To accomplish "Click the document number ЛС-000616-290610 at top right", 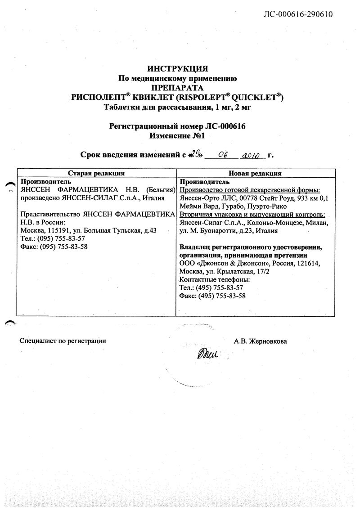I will click(x=297, y=14).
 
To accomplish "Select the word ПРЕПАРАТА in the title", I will click(x=177, y=88).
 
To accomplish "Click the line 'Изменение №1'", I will click(x=177, y=135).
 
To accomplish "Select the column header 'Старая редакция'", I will click(x=96, y=173).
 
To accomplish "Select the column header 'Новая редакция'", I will click(x=255, y=173).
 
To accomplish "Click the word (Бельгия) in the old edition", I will click(x=157, y=190).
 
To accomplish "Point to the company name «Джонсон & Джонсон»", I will click(x=225, y=263).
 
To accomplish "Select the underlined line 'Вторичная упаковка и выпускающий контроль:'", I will click(x=252, y=215).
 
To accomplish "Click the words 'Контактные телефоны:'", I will click(x=214, y=279).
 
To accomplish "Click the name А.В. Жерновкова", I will click(x=260, y=341).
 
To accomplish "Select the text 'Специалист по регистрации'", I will click(x=63, y=341).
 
